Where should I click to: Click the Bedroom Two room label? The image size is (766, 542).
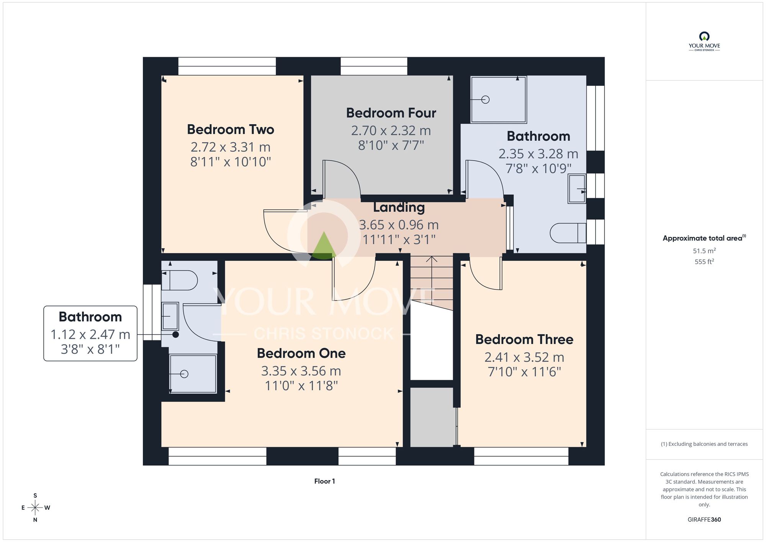coord(231,130)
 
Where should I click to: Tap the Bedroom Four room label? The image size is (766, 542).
coord(391,113)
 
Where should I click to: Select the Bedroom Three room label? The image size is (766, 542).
coord(524,340)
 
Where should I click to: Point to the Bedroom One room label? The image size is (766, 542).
coord(301,353)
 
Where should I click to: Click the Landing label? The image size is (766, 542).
coord(399,207)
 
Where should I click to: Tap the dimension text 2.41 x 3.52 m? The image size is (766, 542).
coord(524,357)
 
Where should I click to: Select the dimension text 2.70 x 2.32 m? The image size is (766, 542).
coord(391,131)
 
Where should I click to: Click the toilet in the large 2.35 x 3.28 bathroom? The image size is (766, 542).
coord(568,233)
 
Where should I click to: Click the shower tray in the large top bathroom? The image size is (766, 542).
coord(499,100)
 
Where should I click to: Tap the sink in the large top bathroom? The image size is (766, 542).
coord(577,189)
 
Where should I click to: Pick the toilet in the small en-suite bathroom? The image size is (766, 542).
coord(179,280)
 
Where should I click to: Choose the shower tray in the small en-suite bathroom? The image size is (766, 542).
coord(193,374)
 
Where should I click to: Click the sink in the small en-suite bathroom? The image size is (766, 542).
coord(170,316)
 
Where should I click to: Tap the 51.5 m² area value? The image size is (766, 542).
coord(704,251)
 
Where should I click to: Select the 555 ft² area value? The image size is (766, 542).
coord(704,262)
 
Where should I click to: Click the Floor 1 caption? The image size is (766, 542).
coord(324,481)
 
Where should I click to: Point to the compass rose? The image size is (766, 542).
coord(35,508)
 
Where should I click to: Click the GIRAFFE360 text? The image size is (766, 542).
coord(704,520)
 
